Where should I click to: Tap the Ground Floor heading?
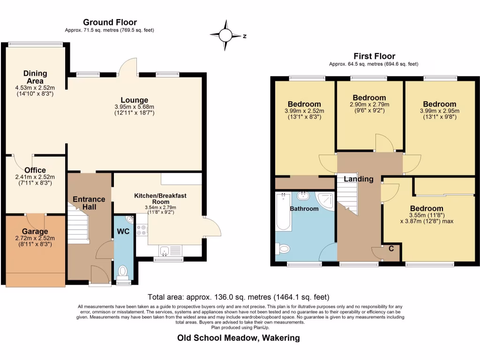110,22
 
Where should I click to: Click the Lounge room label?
134,100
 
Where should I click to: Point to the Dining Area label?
35,77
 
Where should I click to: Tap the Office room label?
35,170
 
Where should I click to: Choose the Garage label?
35,232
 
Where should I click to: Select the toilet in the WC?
123,271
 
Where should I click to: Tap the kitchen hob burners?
142,229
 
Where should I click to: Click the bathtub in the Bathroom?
283,211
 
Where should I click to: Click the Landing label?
359,179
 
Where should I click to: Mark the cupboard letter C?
391,248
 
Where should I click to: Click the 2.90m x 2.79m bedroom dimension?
369,105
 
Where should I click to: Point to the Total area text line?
239,297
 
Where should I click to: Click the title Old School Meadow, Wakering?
239,337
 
